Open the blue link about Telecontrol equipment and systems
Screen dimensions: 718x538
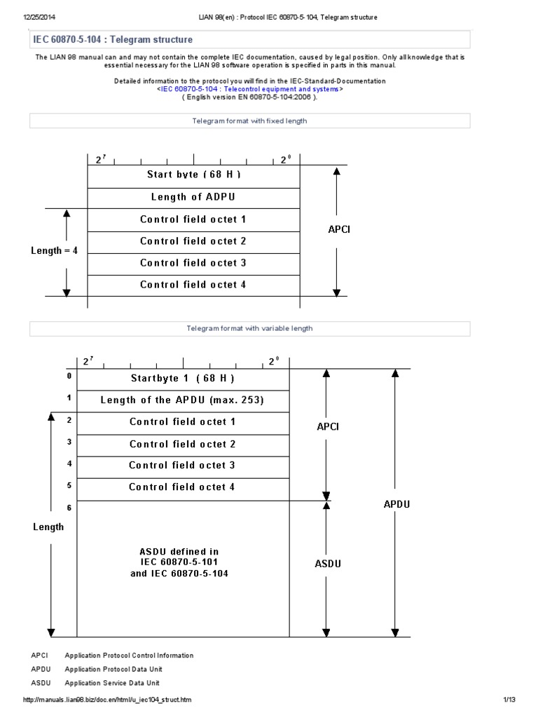click(x=249, y=89)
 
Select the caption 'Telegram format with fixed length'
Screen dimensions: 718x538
click(x=249, y=121)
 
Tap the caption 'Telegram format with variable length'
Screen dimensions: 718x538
click(x=249, y=328)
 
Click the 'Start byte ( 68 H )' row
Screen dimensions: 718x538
click(x=193, y=175)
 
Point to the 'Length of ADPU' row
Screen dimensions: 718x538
click(x=193, y=197)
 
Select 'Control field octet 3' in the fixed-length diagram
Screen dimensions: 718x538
click(x=193, y=263)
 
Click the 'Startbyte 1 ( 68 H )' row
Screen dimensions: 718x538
click(x=182, y=379)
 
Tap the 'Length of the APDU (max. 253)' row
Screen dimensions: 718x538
click(x=182, y=400)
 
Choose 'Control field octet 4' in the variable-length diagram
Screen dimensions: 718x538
click(x=182, y=487)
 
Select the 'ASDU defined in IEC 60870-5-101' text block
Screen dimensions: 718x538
click(x=184, y=562)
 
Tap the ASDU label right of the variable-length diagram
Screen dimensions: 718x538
click(x=328, y=563)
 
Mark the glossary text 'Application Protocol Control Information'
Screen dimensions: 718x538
click(x=129, y=656)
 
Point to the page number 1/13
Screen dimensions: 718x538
click(x=509, y=700)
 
